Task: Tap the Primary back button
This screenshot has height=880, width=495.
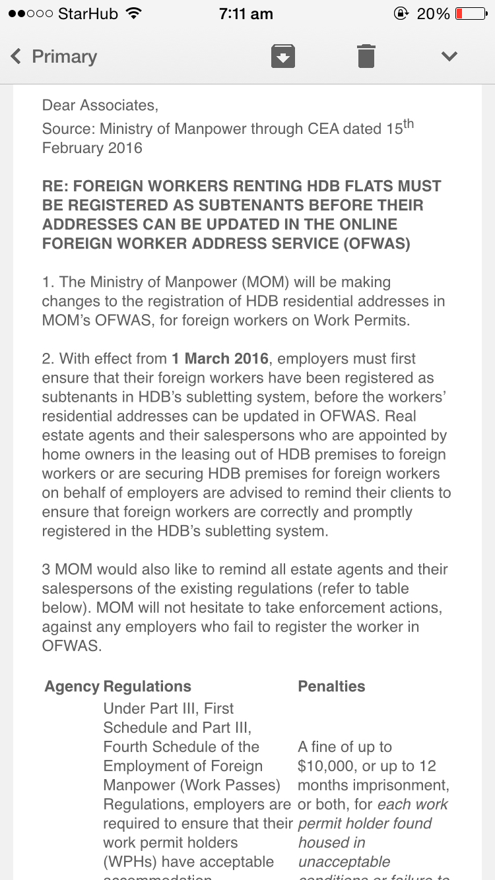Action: [x=54, y=57]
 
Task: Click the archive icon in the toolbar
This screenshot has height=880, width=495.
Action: [x=282, y=56]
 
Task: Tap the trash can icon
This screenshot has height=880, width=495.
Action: [x=366, y=56]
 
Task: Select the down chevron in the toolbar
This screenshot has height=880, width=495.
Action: [x=449, y=56]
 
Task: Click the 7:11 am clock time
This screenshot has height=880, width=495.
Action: [x=247, y=14]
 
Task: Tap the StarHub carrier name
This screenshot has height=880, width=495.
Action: [x=87, y=14]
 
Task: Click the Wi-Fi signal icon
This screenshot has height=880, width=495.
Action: [x=134, y=14]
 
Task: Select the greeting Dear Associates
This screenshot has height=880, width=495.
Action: [x=100, y=105]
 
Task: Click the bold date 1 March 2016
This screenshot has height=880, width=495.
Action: [x=220, y=359]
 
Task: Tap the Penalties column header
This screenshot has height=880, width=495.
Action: [x=331, y=686]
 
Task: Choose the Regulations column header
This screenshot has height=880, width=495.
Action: [x=147, y=686]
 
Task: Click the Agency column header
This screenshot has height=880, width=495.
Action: [x=72, y=686]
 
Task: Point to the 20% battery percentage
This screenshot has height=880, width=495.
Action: [x=433, y=14]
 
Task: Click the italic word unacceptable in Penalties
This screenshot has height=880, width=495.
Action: [x=344, y=862]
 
